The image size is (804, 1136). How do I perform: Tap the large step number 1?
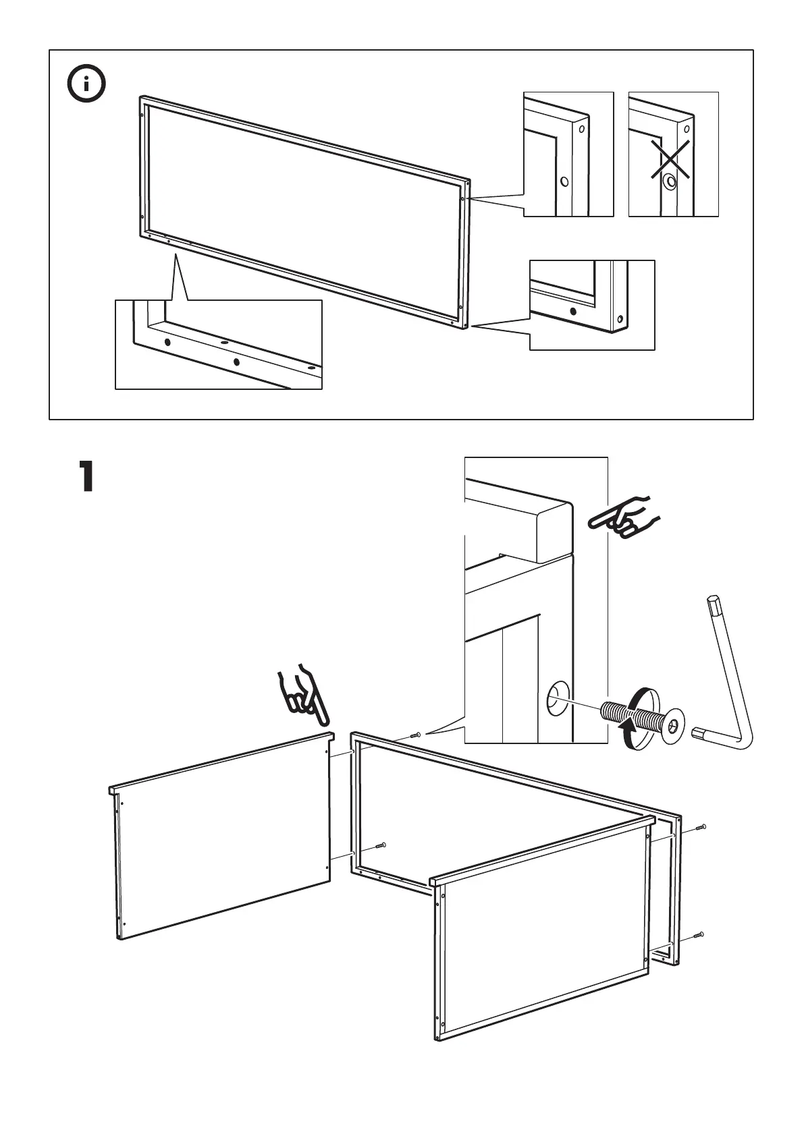86,477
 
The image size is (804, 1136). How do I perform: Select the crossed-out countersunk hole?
670,181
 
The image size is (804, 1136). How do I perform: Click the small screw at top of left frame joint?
415,735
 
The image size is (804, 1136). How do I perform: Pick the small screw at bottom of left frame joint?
381,845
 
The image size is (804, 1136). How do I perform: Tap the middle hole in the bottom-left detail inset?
236,362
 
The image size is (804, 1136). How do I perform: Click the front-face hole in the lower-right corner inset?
573,312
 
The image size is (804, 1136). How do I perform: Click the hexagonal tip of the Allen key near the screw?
699,731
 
